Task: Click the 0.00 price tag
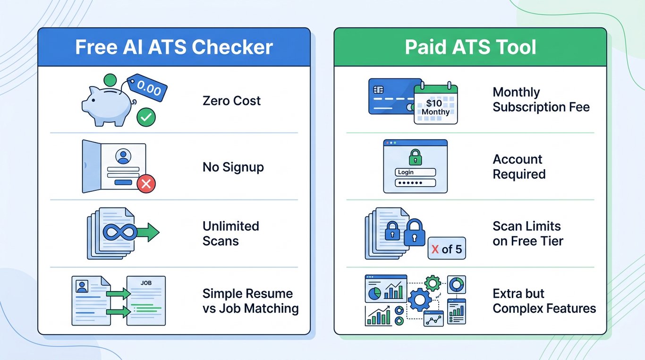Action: (147, 87)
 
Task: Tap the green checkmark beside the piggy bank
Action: (146, 117)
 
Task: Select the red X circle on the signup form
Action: (146, 184)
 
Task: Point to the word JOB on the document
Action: (146, 283)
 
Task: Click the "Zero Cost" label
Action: (231, 101)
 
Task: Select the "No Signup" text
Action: (233, 167)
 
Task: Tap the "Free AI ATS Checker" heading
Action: (174, 47)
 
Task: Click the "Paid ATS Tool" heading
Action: (470, 47)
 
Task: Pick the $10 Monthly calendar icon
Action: (436, 103)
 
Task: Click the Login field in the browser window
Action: (415, 172)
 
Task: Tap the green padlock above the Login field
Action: (415, 157)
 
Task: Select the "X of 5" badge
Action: (447, 248)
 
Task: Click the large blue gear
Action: (420, 300)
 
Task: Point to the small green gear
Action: (433, 283)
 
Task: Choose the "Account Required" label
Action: (519, 167)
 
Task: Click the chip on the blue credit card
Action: (378, 90)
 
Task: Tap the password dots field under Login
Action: (415, 182)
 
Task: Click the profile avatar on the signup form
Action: (123, 156)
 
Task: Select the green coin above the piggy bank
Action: (110, 80)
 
